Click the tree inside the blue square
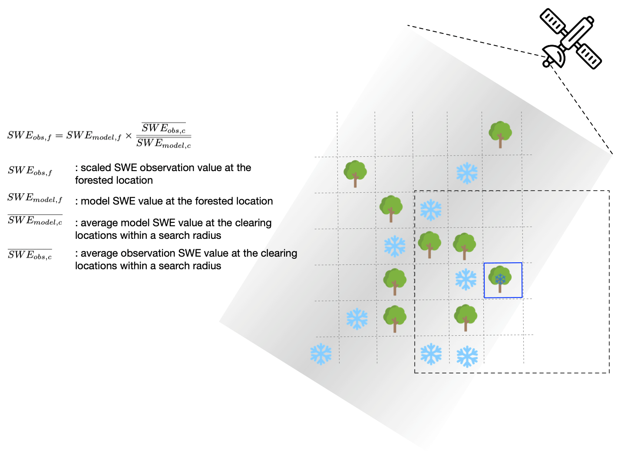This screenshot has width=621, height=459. pos(500,279)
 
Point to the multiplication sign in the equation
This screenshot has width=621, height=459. pos(129,136)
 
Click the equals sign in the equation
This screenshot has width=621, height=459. pos(59,136)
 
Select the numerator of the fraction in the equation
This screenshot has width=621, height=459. pos(164,128)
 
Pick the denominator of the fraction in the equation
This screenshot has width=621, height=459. pos(164,143)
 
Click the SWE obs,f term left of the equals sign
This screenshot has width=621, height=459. pos(30,135)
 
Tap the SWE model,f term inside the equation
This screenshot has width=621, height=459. pos(94,135)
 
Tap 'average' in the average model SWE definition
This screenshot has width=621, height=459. pos(99,223)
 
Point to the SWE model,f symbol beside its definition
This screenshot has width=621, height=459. pos(35,198)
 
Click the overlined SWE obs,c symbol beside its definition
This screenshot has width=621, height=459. pos(30,254)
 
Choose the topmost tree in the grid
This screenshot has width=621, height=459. pos(500,135)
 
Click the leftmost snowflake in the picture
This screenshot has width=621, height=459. pos(321,354)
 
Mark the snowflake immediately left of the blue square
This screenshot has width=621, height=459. pos(466,279)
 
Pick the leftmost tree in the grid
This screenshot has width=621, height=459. pos(355,174)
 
